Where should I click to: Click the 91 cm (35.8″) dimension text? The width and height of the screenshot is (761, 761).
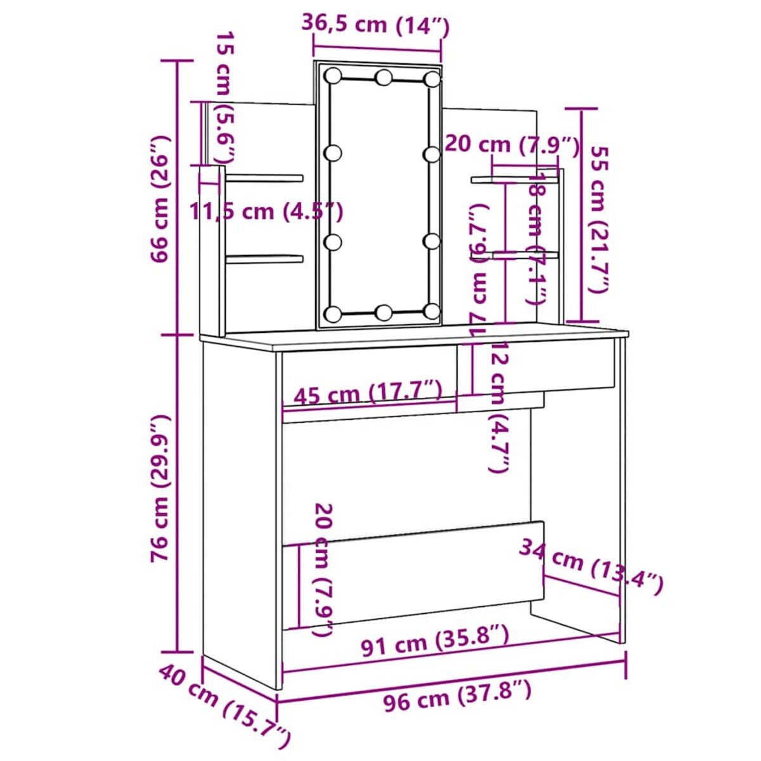434,641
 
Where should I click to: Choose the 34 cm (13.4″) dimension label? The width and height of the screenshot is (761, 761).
591,566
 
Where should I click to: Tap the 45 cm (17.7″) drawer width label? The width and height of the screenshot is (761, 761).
368,394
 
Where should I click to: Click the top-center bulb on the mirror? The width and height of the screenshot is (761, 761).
384,78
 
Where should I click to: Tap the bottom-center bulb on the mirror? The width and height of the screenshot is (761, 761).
384,312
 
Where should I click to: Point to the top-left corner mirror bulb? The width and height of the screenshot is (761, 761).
332,75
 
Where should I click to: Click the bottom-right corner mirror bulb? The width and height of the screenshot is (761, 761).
433,311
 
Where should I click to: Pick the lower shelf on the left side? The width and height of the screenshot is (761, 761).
264,258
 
